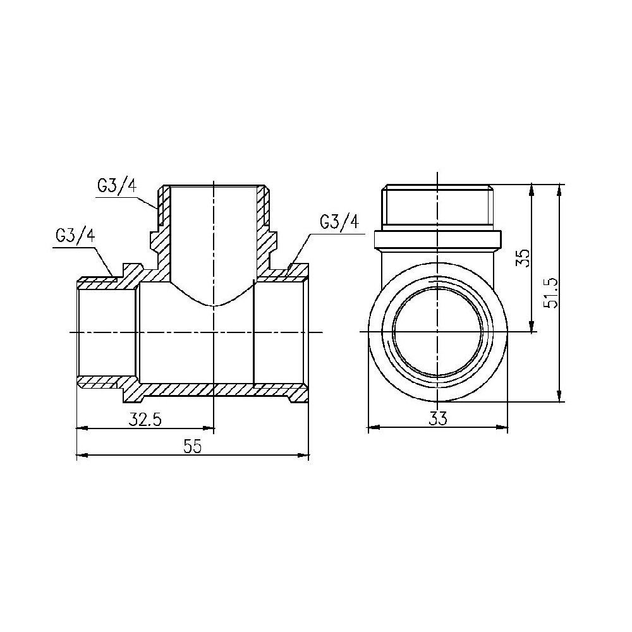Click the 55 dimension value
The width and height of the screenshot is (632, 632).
[192, 446]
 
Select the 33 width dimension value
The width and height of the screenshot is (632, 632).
[437, 418]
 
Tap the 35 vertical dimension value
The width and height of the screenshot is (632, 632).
[522, 257]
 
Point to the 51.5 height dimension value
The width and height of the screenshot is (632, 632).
[551, 291]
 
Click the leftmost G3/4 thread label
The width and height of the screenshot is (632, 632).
[75, 236]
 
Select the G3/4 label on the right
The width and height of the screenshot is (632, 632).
[339, 222]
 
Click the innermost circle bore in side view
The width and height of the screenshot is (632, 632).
[437, 332]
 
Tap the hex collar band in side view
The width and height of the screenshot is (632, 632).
[437, 240]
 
